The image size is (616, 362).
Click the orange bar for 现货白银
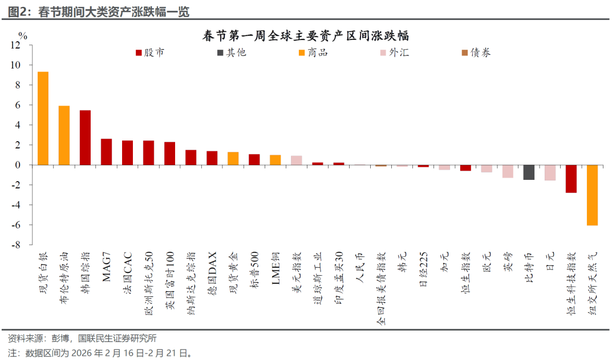coord(43,118)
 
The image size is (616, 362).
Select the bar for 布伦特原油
coord(64,135)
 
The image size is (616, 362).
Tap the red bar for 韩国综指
coord(85,138)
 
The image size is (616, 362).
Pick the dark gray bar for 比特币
coord(529,172)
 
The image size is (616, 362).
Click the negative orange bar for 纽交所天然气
coord(592,195)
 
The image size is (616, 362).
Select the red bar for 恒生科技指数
coord(571,179)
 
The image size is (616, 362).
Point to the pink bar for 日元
coord(550,172)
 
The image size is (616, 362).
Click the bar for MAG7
coord(106,152)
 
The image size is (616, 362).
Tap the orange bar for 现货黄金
coord(233,158)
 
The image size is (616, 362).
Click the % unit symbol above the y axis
coord(22,35)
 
